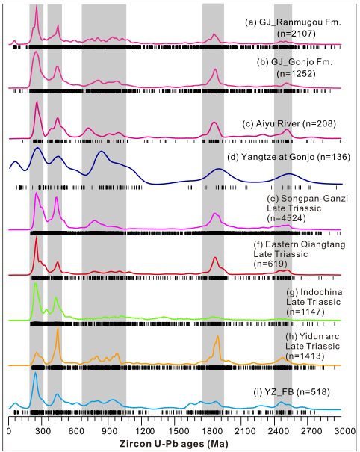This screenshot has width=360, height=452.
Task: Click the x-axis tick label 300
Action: (42, 431)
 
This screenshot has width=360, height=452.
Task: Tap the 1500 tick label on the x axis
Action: (175, 431)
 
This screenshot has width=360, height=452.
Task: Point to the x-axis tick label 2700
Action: (308, 431)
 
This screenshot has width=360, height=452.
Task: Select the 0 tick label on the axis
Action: (9, 431)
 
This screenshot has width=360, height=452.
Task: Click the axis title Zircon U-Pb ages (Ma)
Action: (174, 443)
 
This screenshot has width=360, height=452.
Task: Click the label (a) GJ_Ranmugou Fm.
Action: (293, 22)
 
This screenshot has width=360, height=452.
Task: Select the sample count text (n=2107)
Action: (297, 34)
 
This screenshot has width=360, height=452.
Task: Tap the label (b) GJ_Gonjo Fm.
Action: (294, 62)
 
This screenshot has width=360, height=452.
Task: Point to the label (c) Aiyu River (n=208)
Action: (289, 124)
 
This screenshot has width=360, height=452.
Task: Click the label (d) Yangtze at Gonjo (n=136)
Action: (288, 157)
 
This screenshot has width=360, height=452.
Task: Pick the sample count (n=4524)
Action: (286, 218)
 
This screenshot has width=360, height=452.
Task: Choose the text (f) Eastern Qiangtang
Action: (300, 244)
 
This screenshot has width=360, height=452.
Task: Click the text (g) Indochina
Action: (314, 292)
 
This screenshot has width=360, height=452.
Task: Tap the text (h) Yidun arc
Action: (312, 336)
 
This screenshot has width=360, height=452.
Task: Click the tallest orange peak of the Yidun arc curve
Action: (58, 326)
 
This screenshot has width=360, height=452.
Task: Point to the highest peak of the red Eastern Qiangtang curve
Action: (37, 238)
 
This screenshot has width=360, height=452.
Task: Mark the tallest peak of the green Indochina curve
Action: (35, 284)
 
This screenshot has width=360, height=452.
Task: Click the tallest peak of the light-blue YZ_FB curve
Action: (35, 373)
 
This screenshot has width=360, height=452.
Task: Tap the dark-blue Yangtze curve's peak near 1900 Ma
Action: (219, 169)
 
